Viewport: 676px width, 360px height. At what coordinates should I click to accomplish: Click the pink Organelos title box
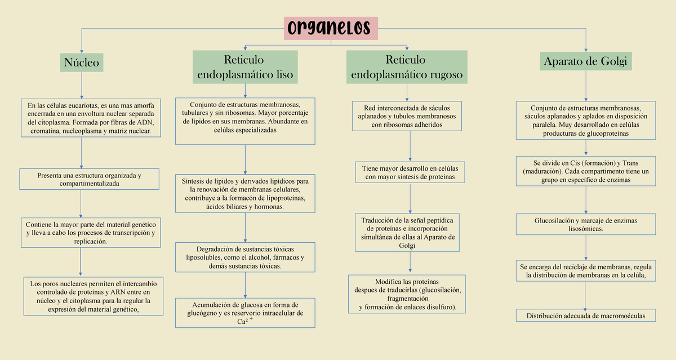pos(331,28)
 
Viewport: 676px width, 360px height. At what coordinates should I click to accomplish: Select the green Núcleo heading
pos(82,62)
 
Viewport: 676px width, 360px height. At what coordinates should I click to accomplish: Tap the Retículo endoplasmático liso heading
pos(245,67)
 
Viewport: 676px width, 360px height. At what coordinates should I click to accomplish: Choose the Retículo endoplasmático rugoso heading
pos(406,67)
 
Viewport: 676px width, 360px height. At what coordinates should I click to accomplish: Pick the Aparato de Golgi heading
pos(586,61)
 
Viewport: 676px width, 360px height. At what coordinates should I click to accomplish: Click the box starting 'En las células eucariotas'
pos(90,118)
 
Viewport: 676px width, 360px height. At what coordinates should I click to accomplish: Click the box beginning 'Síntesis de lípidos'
pos(246,194)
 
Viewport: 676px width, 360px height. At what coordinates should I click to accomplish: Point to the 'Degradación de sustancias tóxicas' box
pos(245,257)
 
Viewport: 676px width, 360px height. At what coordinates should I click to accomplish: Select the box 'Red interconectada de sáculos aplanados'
pos(407,116)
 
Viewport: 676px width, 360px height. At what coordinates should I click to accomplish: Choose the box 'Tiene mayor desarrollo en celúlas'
pos(410,172)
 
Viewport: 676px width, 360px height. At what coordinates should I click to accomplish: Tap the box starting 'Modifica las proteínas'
pos(407,295)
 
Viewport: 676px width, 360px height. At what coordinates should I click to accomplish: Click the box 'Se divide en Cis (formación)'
pos(586,171)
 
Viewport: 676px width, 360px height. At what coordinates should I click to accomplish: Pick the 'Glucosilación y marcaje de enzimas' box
pos(586,225)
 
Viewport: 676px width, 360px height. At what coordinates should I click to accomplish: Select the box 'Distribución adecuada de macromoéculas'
pos(586,315)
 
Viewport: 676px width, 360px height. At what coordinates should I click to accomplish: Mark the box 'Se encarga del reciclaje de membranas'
pos(586,271)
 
